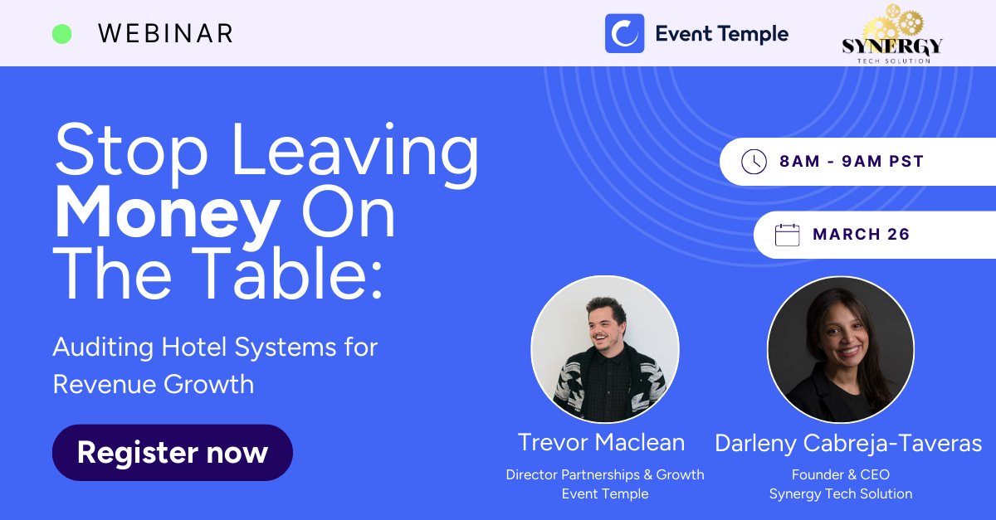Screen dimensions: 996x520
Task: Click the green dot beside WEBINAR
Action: tap(61, 34)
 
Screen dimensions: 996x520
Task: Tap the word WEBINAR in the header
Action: tap(165, 34)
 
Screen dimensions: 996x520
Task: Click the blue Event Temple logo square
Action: tap(624, 33)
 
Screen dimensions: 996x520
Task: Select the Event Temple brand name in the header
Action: tap(721, 34)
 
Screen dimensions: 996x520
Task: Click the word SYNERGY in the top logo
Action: tap(892, 46)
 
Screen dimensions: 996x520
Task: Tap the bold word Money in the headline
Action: tap(168, 213)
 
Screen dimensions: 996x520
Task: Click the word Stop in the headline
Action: tap(132, 151)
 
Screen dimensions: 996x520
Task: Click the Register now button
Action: tap(173, 453)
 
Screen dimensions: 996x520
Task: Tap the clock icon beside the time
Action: tap(754, 162)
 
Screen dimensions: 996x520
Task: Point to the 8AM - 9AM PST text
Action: tap(852, 161)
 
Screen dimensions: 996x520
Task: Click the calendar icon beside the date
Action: tap(787, 235)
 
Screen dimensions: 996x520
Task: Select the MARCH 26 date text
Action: tap(862, 234)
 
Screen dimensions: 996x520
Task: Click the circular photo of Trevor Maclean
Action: tap(605, 349)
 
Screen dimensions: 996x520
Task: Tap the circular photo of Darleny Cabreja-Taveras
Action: tap(841, 349)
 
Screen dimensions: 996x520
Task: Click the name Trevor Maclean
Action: tap(601, 443)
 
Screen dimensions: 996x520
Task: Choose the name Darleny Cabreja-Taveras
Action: tap(848, 444)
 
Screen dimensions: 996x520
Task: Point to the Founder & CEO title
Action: tap(840, 474)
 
